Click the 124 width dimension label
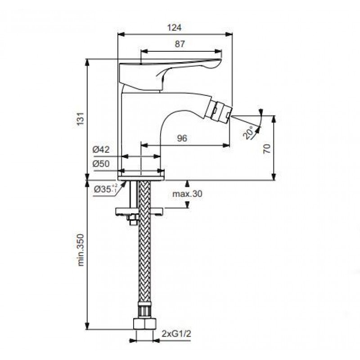tap(175, 27)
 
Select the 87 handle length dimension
tap(180, 44)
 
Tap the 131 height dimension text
tap(81, 119)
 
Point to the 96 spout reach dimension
tap(182, 138)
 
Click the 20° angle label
tap(248, 132)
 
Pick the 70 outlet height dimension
tap(267, 149)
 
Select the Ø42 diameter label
tap(101, 149)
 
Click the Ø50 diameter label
tap(101, 164)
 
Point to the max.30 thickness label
tap(187, 193)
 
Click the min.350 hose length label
tap(81, 250)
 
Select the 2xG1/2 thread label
tap(176, 333)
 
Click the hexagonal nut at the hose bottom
tap(144, 324)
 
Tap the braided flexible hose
tap(144, 241)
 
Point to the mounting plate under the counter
tap(139, 211)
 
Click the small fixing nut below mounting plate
tap(133, 220)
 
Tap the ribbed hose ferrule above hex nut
tap(144, 310)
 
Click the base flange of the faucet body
tap(141, 178)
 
